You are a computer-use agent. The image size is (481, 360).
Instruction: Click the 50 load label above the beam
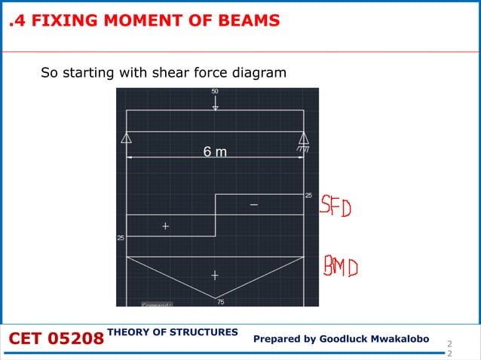(x=215, y=92)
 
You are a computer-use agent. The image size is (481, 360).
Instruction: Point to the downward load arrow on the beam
(x=215, y=104)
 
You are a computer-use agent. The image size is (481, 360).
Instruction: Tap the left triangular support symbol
(x=127, y=138)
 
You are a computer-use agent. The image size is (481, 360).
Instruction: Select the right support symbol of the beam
(x=304, y=139)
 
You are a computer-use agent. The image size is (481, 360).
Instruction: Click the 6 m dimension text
(x=215, y=152)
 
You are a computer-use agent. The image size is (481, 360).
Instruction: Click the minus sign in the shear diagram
(x=253, y=205)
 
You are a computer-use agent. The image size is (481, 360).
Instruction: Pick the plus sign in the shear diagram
(x=165, y=225)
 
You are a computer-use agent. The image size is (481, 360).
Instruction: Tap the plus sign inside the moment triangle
(x=215, y=276)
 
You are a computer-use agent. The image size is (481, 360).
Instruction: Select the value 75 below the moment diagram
(x=220, y=302)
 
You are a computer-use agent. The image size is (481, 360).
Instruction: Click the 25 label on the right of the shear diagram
(x=308, y=195)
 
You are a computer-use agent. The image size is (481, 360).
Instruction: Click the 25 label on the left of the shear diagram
(x=121, y=238)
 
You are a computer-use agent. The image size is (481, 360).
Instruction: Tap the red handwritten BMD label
(x=341, y=267)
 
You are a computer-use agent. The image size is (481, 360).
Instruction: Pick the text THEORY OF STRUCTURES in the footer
(x=173, y=332)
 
